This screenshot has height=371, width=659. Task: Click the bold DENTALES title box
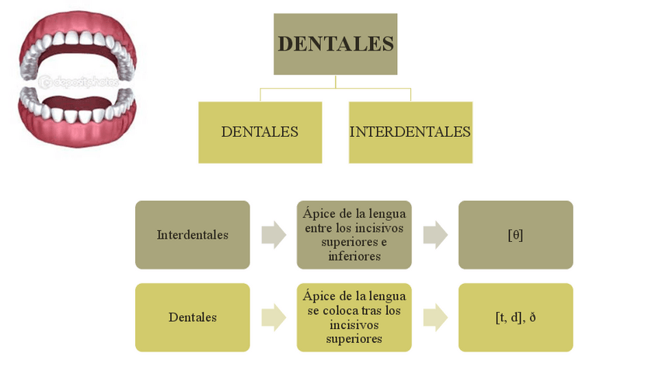336,44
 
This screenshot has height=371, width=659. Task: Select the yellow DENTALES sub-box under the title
260,132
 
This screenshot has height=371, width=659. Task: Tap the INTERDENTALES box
410,132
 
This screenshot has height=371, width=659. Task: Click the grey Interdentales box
193,235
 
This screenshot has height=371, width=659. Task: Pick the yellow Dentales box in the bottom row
193,317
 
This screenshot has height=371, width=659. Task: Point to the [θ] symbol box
515,235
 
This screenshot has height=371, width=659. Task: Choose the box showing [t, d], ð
515,317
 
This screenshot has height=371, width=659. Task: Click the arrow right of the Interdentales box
274,235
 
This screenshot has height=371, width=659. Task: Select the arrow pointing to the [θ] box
435,235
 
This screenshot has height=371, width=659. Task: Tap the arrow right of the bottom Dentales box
274,317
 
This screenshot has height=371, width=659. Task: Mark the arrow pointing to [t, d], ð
435,317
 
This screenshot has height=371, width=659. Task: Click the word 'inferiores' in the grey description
354,257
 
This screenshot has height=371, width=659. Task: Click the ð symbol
533,317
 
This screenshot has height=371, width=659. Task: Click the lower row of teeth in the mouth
78,109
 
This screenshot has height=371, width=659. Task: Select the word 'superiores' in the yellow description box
354,339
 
